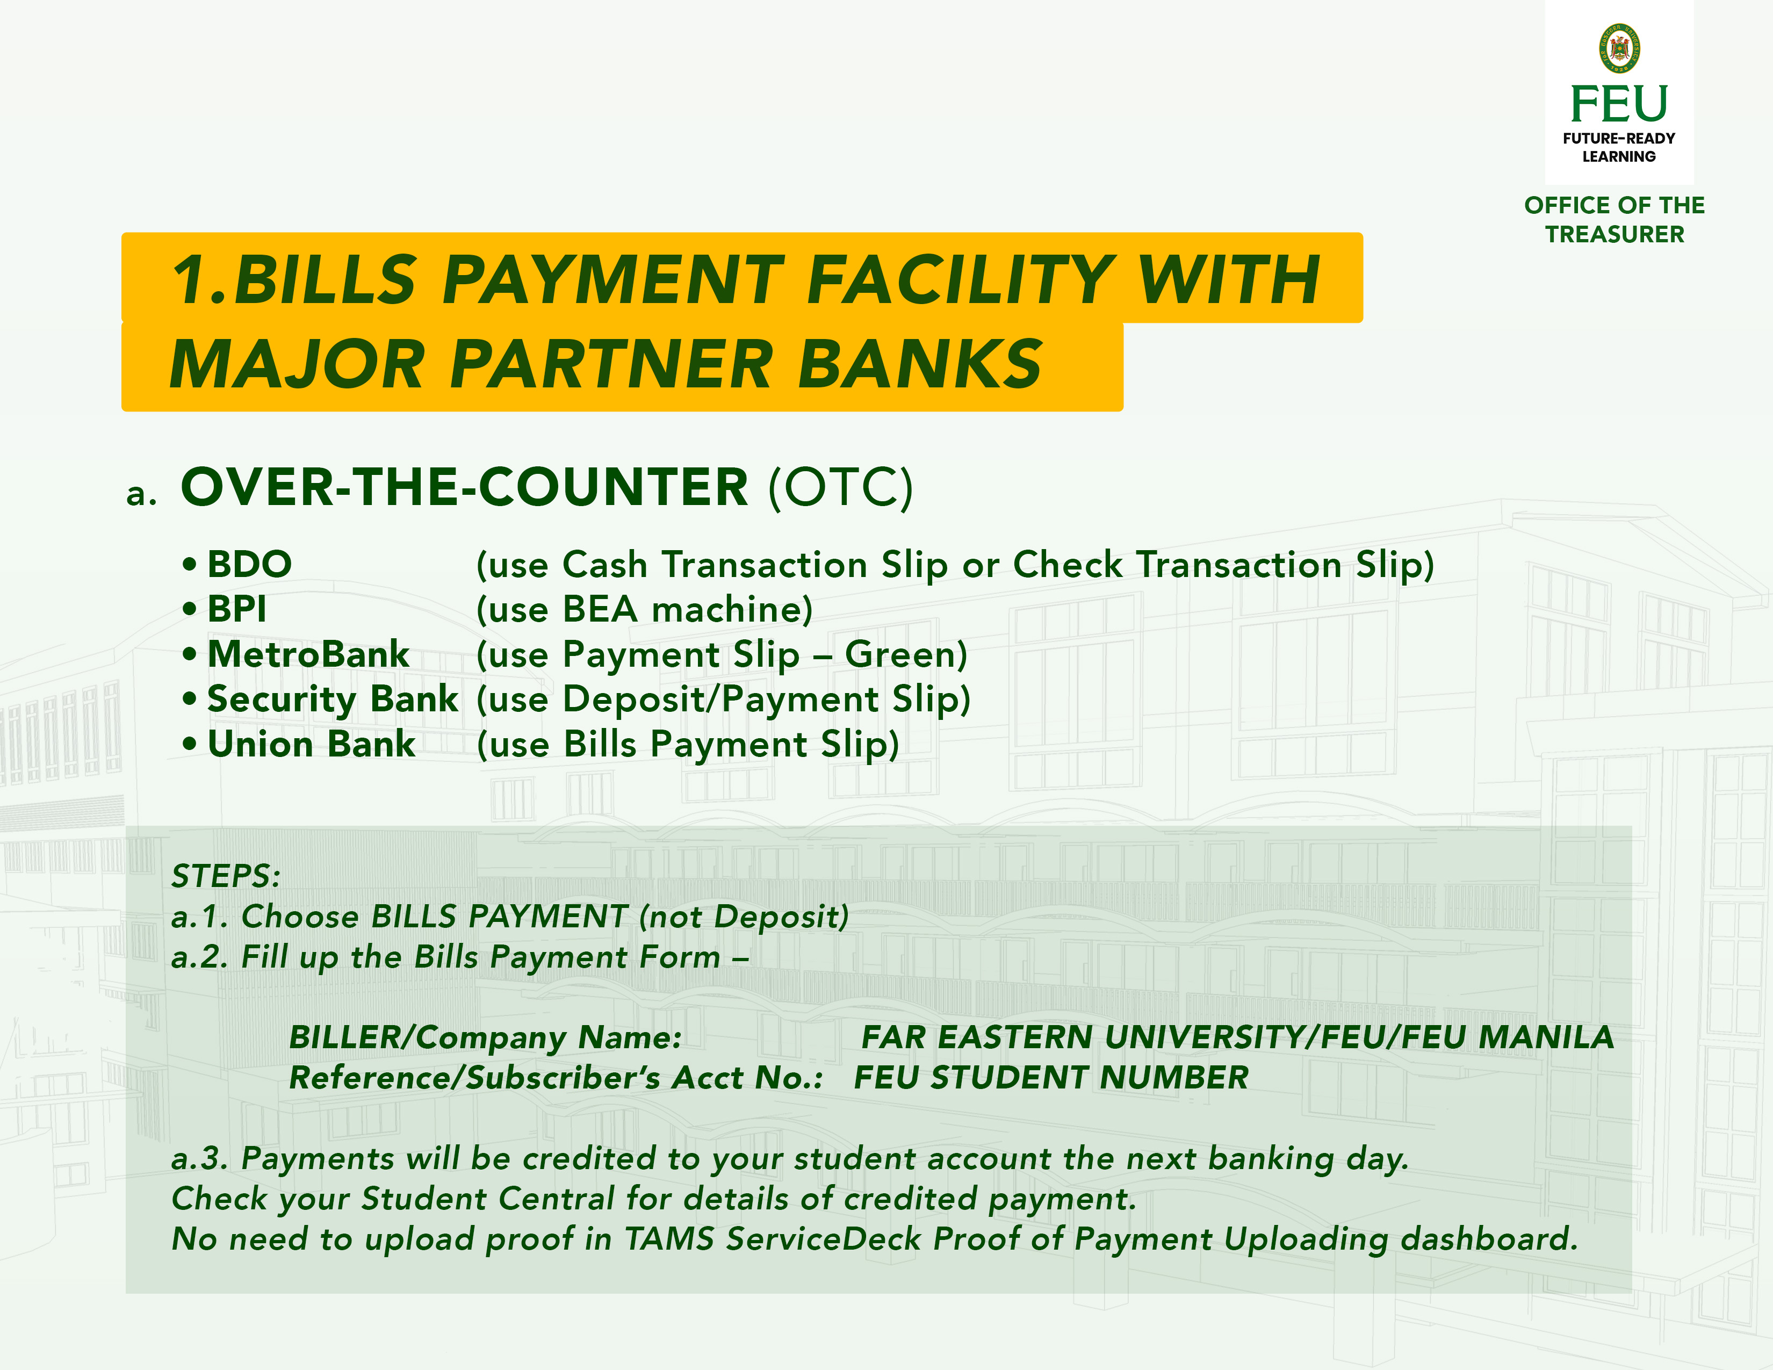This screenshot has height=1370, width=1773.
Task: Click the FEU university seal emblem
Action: tap(1619, 48)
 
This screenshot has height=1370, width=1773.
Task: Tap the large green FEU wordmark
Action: tap(1619, 104)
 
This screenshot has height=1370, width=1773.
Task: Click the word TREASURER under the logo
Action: tap(1615, 235)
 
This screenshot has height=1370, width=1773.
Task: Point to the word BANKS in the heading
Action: tap(920, 364)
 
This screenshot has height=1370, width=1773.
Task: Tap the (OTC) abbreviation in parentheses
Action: tap(841, 488)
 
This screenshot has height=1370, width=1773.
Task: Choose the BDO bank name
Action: tap(249, 564)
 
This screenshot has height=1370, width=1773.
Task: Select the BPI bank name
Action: tap(237, 609)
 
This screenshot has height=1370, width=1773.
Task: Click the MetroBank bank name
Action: tap(308, 654)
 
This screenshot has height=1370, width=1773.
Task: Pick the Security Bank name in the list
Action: tap(333, 700)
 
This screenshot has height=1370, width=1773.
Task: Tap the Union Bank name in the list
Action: tap(312, 744)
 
